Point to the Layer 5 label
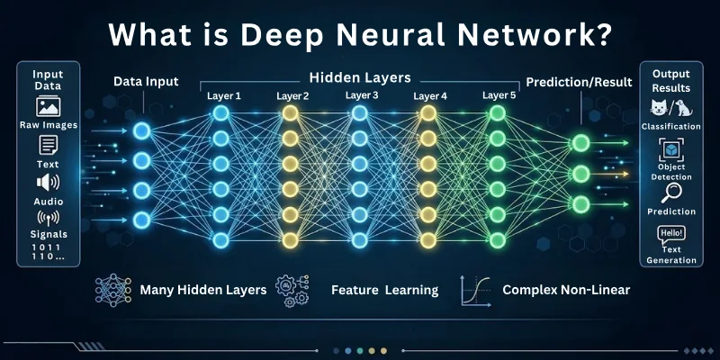tap(499, 94)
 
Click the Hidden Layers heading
tap(360, 78)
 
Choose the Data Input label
tap(145, 82)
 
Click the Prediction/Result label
tap(580, 82)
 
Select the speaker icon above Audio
tap(47, 183)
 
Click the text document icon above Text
tap(47, 146)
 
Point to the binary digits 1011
tap(47, 246)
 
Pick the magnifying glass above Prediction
tap(671, 193)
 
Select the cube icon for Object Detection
tap(671, 149)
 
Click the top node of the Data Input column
tap(140, 131)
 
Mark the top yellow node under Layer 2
tap(290, 113)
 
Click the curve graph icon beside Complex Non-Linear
tap(474, 290)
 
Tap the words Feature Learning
tap(384, 290)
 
